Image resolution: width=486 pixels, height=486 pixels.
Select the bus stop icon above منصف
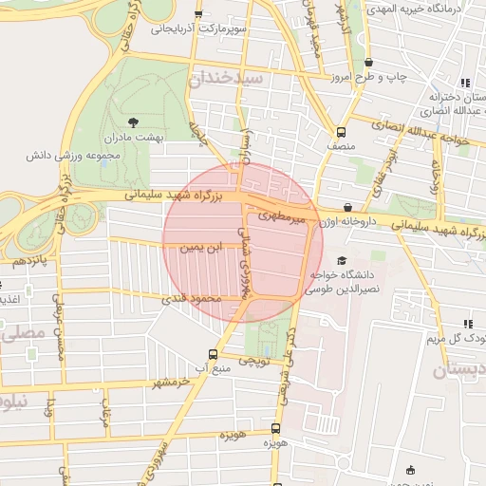341,133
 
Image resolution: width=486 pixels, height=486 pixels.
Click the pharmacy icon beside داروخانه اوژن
347,206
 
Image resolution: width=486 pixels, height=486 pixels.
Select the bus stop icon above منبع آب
213,351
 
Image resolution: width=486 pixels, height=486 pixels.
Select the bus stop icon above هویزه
275,428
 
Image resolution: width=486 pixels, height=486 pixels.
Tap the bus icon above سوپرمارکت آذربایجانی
198,14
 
